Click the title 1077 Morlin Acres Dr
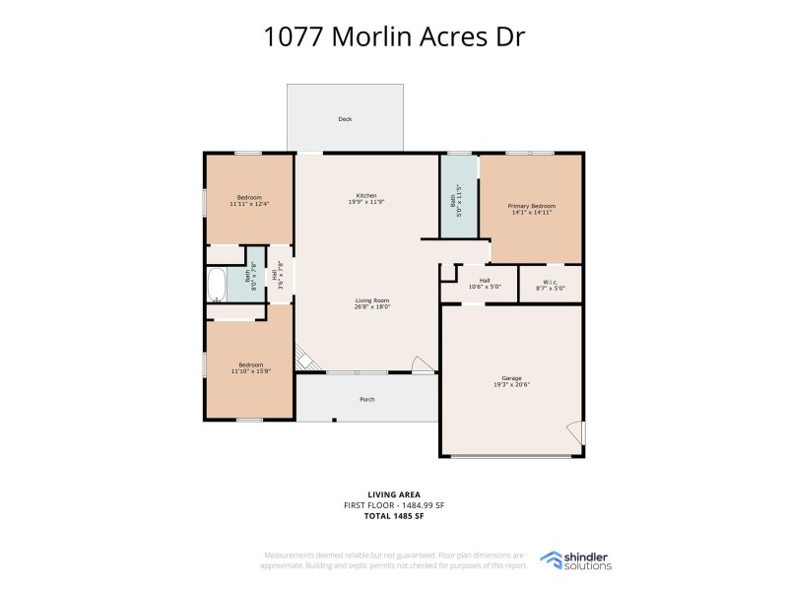pyautogui.click(x=394, y=36)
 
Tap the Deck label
pyautogui.click(x=345, y=119)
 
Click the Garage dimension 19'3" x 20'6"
pyautogui.click(x=511, y=385)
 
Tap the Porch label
pyautogui.click(x=366, y=400)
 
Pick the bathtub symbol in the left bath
pyautogui.click(x=217, y=284)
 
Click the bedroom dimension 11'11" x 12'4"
pyautogui.click(x=249, y=203)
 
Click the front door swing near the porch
pyautogui.click(x=423, y=364)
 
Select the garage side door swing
pyautogui.click(x=576, y=432)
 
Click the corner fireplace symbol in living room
pyautogui.click(x=305, y=359)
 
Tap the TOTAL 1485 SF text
pyautogui.click(x=394, y=517)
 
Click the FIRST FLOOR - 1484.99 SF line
pyautogui.click(x=394, y=505)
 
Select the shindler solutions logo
pyautogui.click(x=577, y=560)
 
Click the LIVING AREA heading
pyautogui.click(x=394, y=493)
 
